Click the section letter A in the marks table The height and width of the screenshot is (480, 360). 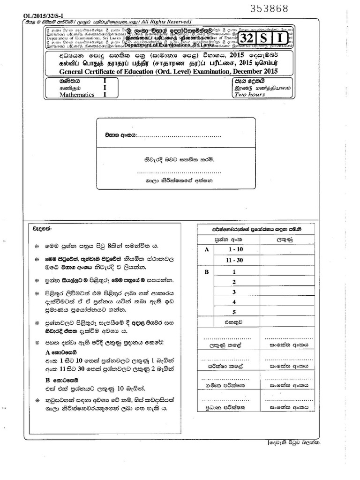tap(206, 250)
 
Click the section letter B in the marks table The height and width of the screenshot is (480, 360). tap(206, 271)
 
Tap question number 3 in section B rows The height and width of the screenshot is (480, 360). tap(233, 292)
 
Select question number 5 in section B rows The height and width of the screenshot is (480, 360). tap(233, 312)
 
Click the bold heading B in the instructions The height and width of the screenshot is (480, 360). tap(47, 380)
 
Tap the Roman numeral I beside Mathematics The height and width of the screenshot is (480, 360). tap(105, 94)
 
